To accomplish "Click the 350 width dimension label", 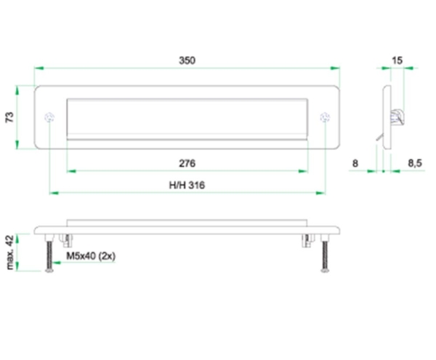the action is pos(187,60).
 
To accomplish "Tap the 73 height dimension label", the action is pos(9,117).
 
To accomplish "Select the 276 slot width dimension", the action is pos(187,164).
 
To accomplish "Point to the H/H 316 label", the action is pos(187,185).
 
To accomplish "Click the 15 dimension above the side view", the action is pos(397,60).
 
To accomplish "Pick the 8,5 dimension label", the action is pos(415,164).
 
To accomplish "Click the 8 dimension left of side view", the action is pos(355,164).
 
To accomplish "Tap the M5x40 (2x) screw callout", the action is pos(91,256).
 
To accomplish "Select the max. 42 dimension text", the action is pos(9,252).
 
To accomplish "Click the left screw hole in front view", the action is pos(49,117).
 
